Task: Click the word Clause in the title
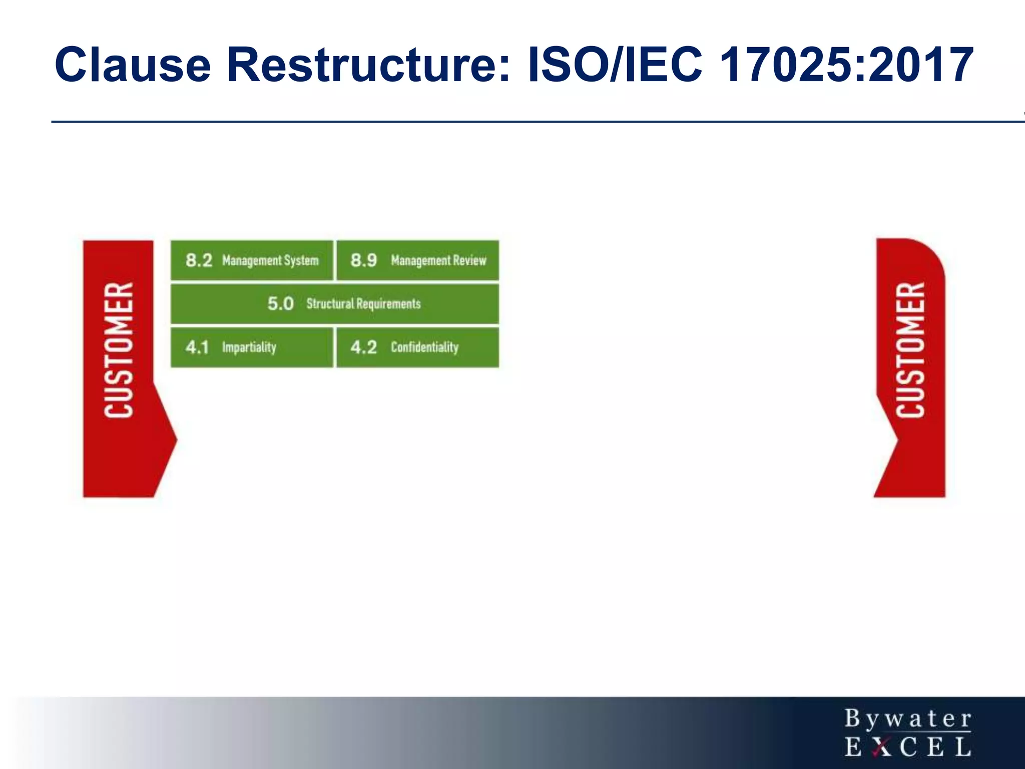coord(133,65)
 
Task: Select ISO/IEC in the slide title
coord(615,65)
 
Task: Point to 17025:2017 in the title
coord(846,65)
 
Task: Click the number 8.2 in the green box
coord(199,260)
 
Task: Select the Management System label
coord(270,260)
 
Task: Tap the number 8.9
coord(363,260)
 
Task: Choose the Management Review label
coord(438,260)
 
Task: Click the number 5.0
coord(280,303)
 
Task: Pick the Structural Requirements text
coord(363,303)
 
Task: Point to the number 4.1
coord(197,347)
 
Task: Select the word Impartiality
coord(249,347)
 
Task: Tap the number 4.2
coord(363,347)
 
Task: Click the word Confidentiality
coord(424,347)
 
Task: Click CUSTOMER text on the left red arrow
coord(119,350)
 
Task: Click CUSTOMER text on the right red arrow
coord(910,350)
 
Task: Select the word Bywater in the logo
coord(908,719)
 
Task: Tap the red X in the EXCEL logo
coord(880,747)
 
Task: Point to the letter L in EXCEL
coord(963,747)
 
